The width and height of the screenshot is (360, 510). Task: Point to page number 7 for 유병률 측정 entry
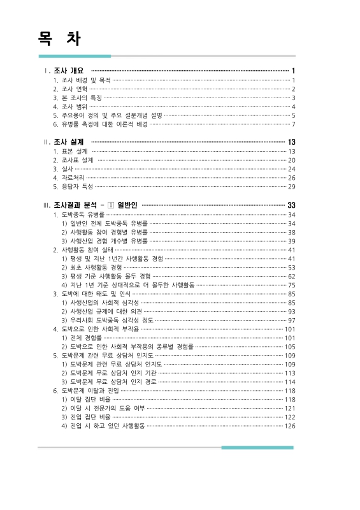click(293, 124)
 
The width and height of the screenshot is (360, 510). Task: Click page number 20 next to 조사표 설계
click(291, 160)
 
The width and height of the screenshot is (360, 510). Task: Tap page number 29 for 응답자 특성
click(291, 187)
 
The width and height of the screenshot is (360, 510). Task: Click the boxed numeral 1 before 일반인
click(111, 205)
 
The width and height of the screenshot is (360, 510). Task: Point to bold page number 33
click(291, 205)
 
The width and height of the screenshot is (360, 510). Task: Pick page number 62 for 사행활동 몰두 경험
click(291, 277)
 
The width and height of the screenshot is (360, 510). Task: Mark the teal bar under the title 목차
click(75, 56)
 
